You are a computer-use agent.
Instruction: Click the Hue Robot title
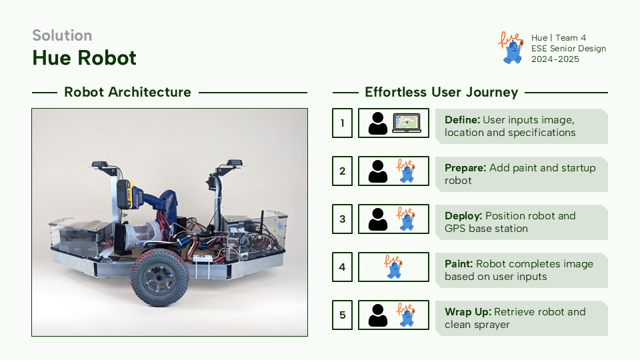pos(84,58)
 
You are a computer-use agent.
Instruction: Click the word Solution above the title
pos(62,35)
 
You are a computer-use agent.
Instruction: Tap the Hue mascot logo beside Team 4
pos(511,48)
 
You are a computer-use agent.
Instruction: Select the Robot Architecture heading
pos(127,93)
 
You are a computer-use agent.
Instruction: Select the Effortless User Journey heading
pos(441,93)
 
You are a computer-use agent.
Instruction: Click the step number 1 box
pos(342,123)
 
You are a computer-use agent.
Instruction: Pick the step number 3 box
pos(342,219)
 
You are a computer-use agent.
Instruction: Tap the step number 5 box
pos(342,315)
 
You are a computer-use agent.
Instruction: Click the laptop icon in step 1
pos(408,123)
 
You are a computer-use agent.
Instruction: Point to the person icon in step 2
pos(378,171)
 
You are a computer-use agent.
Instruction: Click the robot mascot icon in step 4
pos(393,267)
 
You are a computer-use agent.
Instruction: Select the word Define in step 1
pos(462,120)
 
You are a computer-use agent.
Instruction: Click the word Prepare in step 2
pos(465,168)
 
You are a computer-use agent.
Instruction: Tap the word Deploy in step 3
pos(463,216)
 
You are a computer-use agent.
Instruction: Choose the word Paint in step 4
pos(459,264)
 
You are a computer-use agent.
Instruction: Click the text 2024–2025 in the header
pos(555,59)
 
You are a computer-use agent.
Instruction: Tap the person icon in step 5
pos(378,315)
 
